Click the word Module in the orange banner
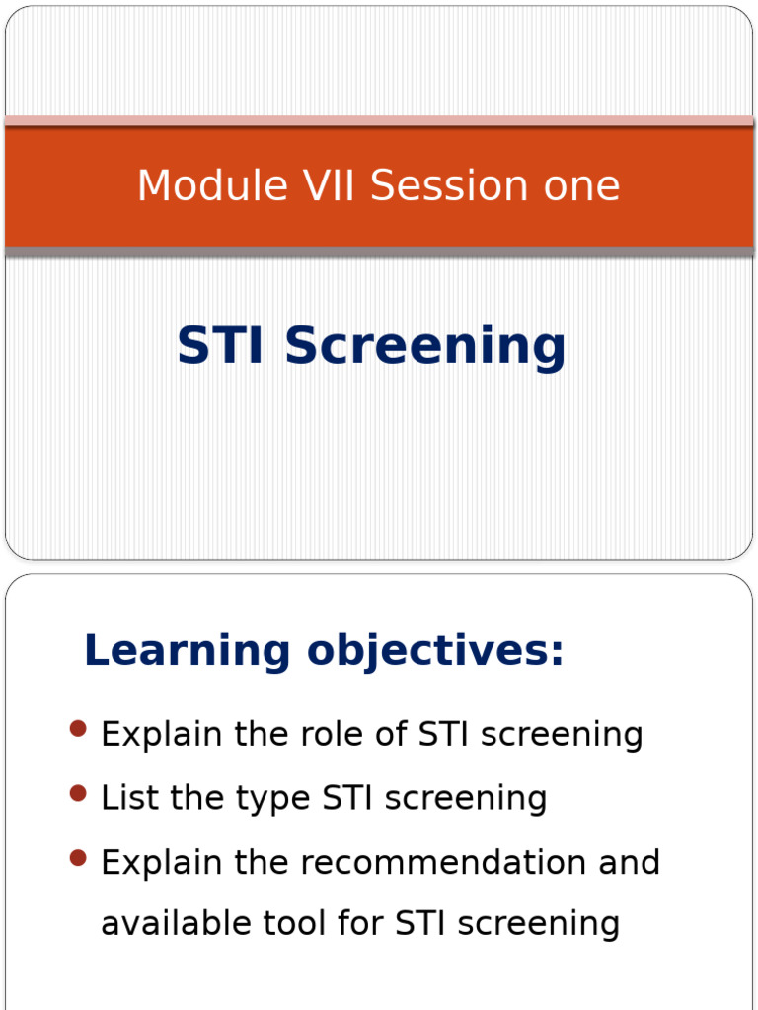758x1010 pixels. tap(212, 185)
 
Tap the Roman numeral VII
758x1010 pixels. tap(329, 185)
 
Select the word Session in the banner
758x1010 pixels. tap(450, 185)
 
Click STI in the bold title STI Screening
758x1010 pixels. tap(220, 345)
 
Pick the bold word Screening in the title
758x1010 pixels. tap(424, 348)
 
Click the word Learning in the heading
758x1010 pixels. tap(188, 652)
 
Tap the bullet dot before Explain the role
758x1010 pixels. tap(78, 729)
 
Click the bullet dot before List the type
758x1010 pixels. tap(78, 793)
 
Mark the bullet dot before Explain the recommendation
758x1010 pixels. tap(78, 858)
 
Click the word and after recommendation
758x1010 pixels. tap(629, 862)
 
